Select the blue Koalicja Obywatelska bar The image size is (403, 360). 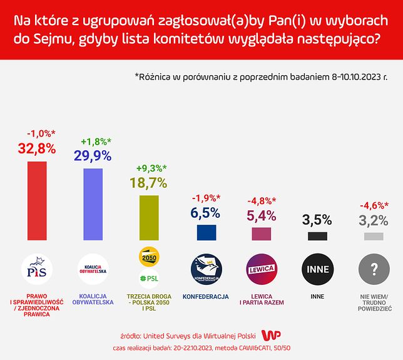coord(93,205)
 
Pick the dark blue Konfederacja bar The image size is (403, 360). coord(206,233)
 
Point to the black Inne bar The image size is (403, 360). coord(317,237)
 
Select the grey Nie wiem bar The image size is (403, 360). coord(373,237)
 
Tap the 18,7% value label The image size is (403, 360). coord(148,183)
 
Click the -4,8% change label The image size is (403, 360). coord(262,202)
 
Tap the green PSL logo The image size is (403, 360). coord(148,279)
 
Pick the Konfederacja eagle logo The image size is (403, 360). coord(206,269)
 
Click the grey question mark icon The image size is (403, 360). coord(373,269)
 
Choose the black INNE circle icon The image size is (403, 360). coord(317,269)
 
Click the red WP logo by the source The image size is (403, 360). coord(270,335)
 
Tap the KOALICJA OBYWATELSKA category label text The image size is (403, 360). coord(93,300)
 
